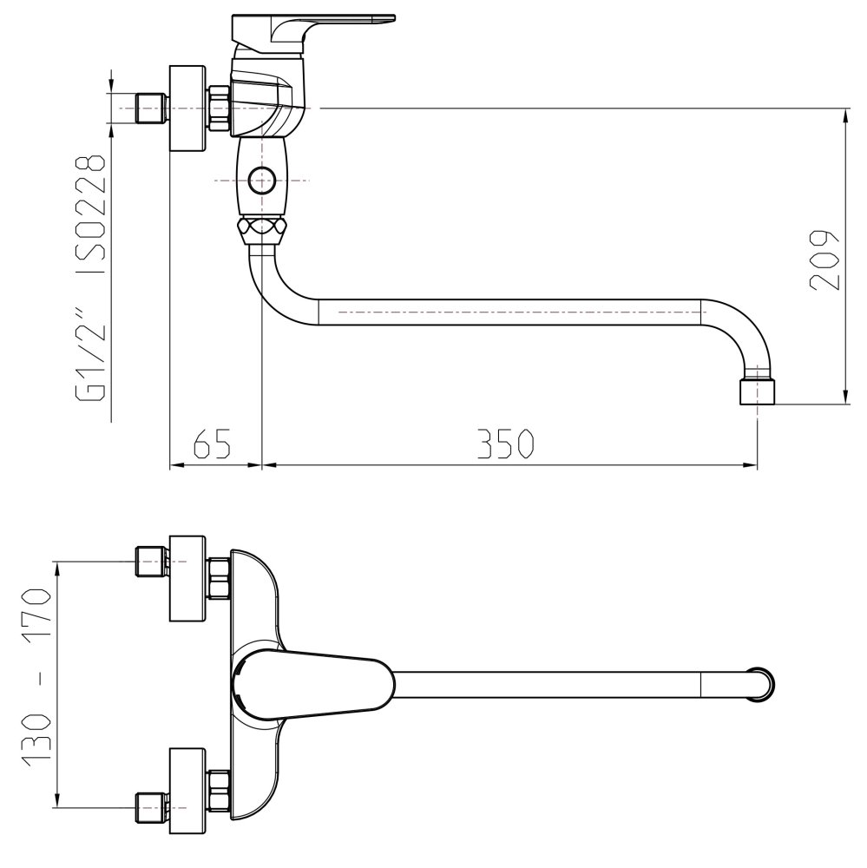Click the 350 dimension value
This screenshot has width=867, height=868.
503,444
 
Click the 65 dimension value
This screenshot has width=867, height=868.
211,444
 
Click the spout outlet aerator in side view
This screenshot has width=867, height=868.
758,391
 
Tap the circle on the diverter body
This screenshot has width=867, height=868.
260,181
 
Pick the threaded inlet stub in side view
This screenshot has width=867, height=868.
152,108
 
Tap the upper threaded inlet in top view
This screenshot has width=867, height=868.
152,562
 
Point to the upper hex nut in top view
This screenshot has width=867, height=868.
219,579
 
